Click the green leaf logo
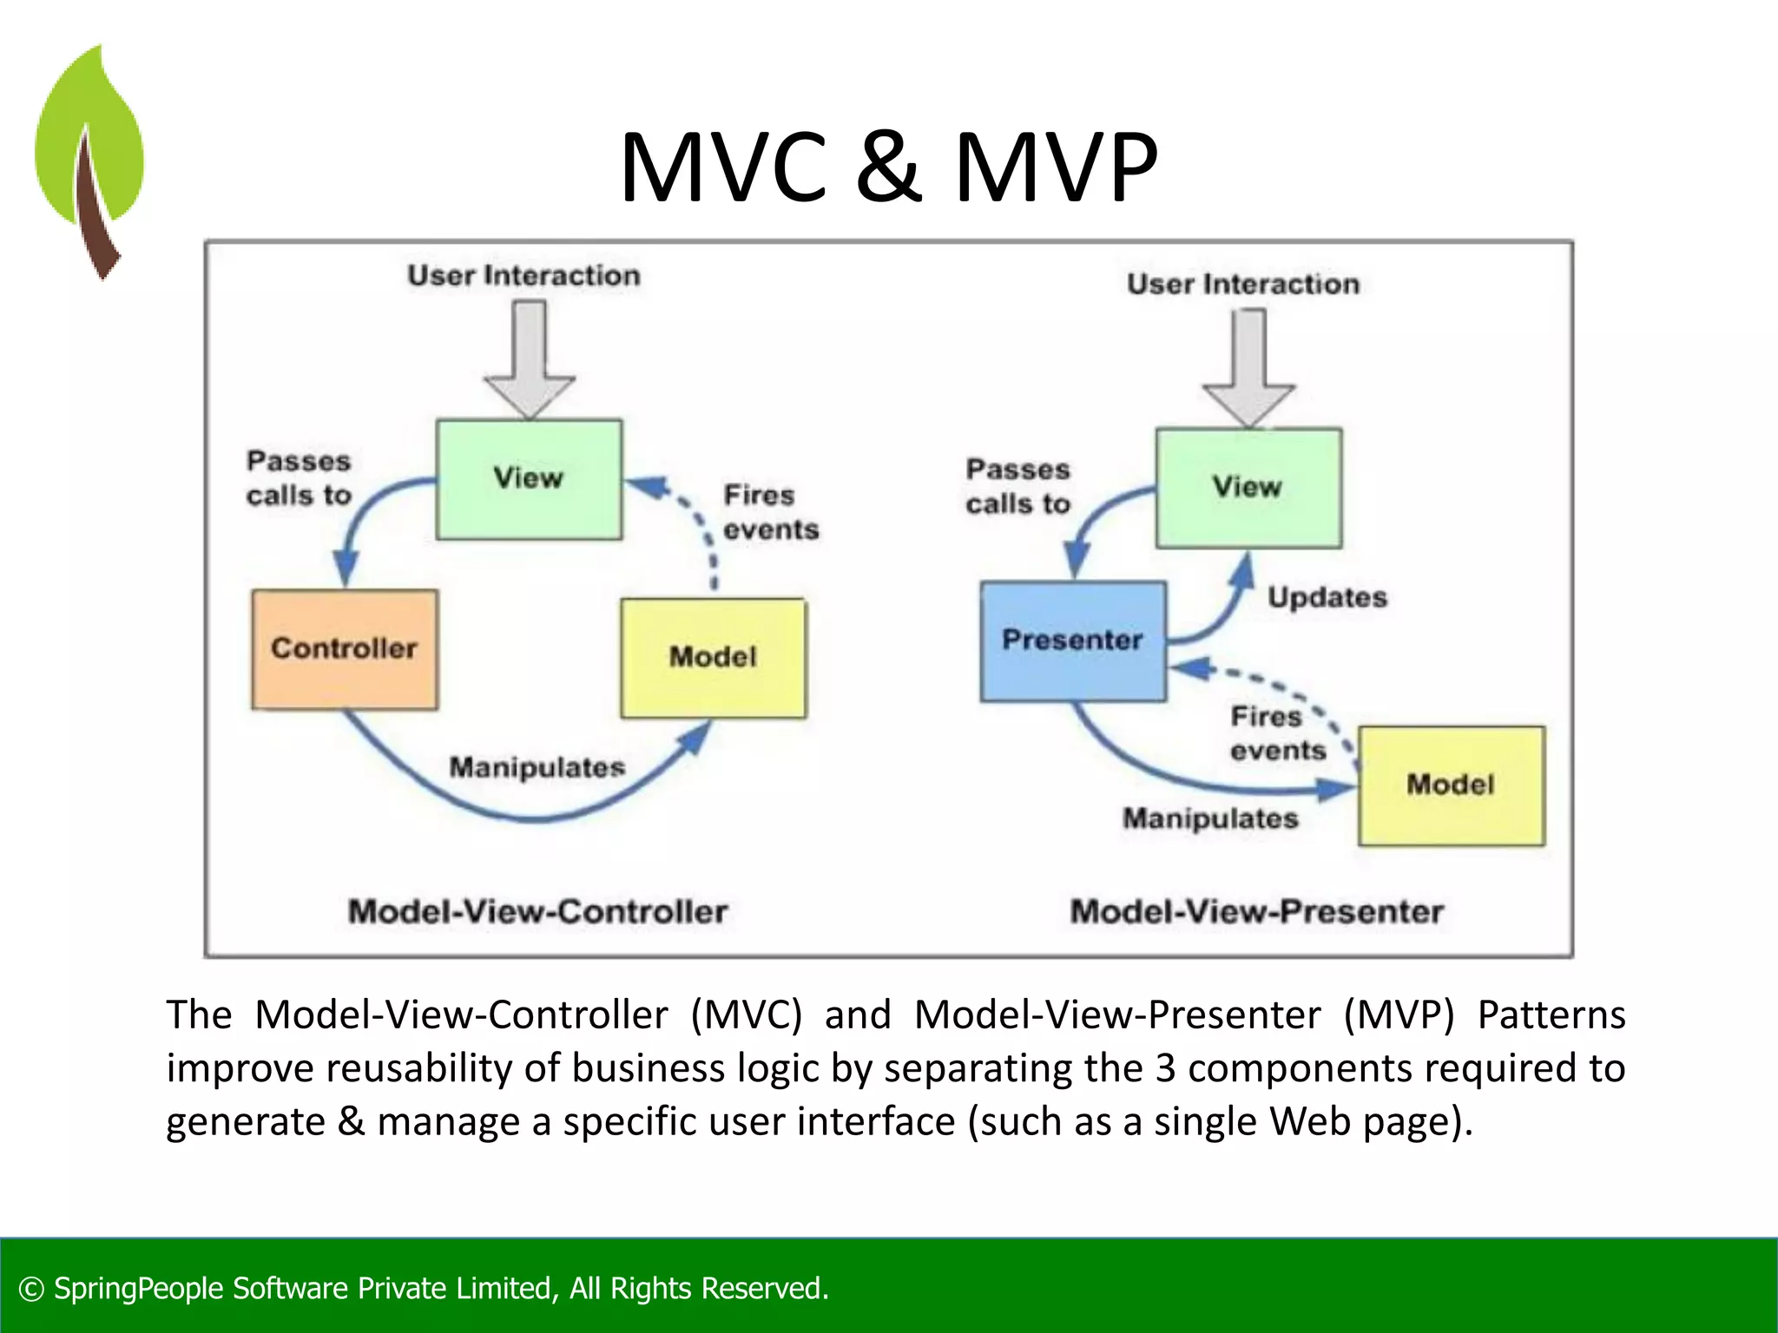point(89,156)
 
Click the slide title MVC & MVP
point(888,167)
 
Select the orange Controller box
point(345,649)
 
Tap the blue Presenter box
point(1073,640)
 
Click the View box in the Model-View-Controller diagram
point(529,479)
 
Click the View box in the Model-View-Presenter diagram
point(1248,488)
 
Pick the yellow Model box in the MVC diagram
point(713,658)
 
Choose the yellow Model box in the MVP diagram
point(1451,785)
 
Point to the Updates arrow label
point(1327,598)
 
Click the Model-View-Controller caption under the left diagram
point(537,912)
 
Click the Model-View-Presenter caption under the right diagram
point(1256,912)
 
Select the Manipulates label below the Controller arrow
point(537,768)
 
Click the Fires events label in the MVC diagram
point(770,512)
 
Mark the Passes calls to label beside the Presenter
point(1017,487)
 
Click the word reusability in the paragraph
point(420,1068)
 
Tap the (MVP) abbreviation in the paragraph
point(1398,1015)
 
